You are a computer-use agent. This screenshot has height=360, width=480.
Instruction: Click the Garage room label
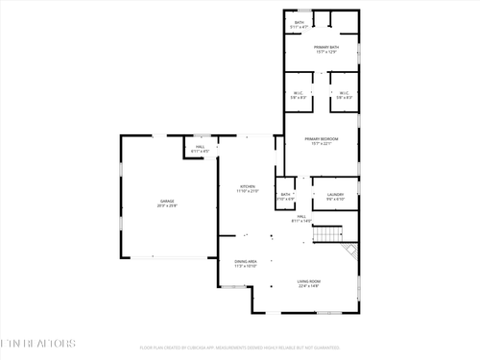tap(167, 201)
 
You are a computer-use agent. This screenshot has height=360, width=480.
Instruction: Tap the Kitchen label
tap(248, 186)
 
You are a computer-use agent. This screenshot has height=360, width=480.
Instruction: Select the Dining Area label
tap(246, 261)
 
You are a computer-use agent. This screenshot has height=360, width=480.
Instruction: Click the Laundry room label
tap(335, 195)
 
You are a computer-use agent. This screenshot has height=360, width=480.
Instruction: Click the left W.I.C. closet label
tap(299, 93)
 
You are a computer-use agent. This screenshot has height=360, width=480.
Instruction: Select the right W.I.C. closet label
tap(344, 93)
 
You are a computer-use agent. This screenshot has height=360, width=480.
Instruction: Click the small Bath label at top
tap(299, 22)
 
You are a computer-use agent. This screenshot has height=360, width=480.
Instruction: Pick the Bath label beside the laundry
tap(285, 195)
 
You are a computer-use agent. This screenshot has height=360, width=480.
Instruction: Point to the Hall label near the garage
tap(200, 147)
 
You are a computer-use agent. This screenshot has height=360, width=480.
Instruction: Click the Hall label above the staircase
tap(300, 218)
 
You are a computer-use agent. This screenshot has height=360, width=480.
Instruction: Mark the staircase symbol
tap(330, 234)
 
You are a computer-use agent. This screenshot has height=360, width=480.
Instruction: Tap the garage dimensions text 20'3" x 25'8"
tap(167, 205)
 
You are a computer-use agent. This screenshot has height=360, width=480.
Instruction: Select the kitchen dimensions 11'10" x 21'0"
tap(248, 191)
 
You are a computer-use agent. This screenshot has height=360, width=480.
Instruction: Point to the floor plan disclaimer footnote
tap(240, 348)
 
